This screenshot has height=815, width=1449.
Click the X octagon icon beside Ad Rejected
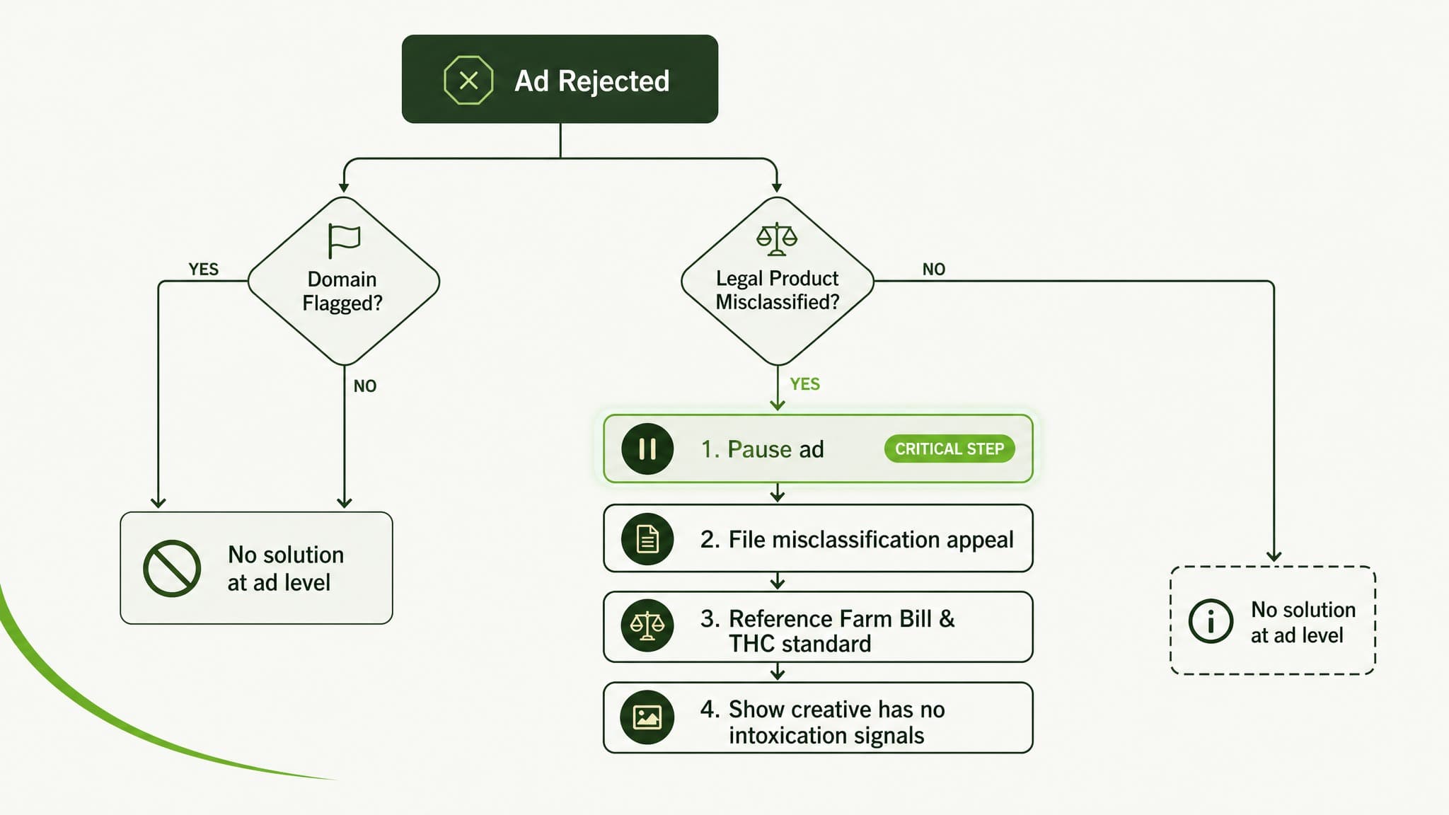click(x=468, y=81)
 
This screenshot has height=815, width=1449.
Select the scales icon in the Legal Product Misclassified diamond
click(x=777, y=239)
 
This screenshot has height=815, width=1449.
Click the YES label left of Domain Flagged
click(x=204, y=270)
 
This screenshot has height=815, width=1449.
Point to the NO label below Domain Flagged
click(x=365, y=386)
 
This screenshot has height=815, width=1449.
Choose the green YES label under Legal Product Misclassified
click(x=805, y=384)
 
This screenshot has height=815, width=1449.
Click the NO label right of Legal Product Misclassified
click(x=934, y=270)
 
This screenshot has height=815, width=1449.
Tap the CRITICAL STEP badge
click(x=949, y=449)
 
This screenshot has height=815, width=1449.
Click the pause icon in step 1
click(x=647, y=449)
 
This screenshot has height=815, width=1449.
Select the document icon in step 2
click(x=647, y=539)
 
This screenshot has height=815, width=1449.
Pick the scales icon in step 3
click(x=647, y=625)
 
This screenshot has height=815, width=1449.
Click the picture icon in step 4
click(x=647, y=717)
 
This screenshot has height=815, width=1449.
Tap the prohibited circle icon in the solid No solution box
click(x=172, y=569)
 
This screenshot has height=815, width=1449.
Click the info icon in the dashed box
click(x=1211, y=621)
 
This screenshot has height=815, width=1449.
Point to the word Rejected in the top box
click(x=613, y=81)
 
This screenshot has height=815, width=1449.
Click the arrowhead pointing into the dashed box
click(x=1274, y=556)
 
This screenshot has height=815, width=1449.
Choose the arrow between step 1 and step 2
click(x=778, y=493)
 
